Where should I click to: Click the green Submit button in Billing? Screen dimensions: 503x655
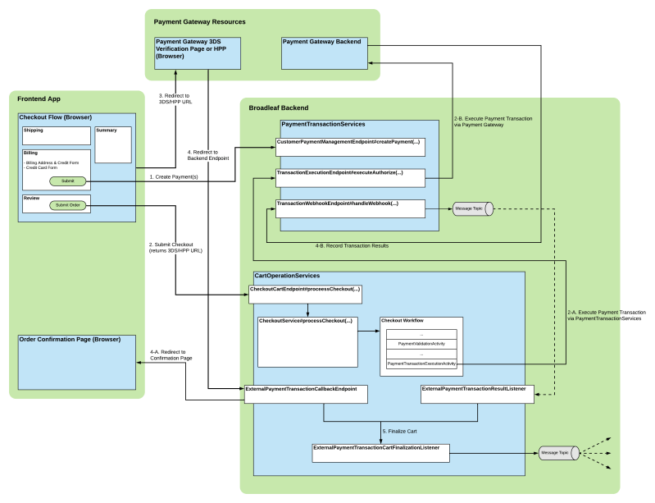[x=67, y=181]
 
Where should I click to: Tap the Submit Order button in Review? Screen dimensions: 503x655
[x=67, y=204]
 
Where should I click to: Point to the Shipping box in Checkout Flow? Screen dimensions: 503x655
[x=56, y=135]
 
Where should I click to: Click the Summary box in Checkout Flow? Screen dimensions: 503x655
[x=112, y=144]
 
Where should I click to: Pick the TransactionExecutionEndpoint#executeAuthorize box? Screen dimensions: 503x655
[x=350, y=177]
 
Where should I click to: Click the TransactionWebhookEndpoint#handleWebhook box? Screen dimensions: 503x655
[x=350, y=208]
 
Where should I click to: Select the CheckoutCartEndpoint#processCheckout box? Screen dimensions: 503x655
[x=304, y=294]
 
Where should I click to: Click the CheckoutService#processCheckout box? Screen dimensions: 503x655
[x=307, y=341]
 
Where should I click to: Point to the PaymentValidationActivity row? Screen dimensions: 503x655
[x=421, y=343]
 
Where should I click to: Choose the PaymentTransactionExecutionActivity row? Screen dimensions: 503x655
[x=421, y=363]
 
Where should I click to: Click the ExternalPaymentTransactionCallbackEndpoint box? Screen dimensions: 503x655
[x=306, y=393]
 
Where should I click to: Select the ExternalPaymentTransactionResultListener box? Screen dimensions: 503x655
[x=478, y=393]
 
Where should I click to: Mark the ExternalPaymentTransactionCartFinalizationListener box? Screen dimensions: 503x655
[x=380, y=452]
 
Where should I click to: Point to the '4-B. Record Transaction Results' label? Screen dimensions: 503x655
[x=352, y=245]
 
